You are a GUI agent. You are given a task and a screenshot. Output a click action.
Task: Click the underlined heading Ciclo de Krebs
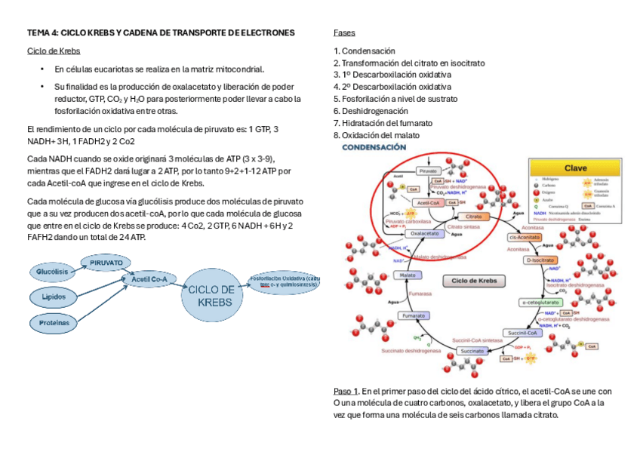click(54, 51)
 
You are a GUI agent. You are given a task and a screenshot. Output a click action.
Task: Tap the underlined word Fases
click(344, 33)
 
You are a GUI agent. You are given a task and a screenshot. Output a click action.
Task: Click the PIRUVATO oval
click(106, 262)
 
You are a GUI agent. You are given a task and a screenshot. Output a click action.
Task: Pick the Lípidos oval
click(52, 297)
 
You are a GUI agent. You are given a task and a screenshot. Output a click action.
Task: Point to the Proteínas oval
click(54, 322)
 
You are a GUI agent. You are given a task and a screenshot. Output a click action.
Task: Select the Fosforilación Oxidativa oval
click(285, 281)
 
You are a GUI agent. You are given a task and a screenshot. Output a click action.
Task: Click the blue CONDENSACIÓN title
click(375, 148)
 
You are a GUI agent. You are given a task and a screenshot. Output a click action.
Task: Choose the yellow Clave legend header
click(576, 168)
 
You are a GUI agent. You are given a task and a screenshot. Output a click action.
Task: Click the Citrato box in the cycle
click(474, 217)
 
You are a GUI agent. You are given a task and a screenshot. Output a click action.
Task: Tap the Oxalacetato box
click(423, 233)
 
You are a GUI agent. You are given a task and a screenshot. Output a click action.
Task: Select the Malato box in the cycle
click(404, 275)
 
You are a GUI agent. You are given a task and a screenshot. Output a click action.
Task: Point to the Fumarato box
click(414, 315)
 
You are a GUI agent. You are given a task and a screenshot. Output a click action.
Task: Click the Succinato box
click(472, 350)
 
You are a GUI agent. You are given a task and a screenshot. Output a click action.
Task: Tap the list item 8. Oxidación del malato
click(377, 135)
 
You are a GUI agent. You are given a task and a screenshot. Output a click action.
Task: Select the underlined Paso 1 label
click(346, 392)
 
